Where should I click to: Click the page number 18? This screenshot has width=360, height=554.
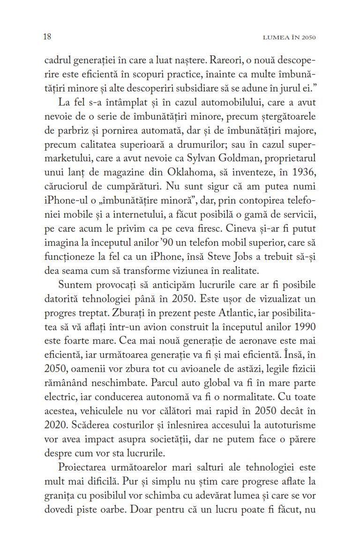click(47, 37)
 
